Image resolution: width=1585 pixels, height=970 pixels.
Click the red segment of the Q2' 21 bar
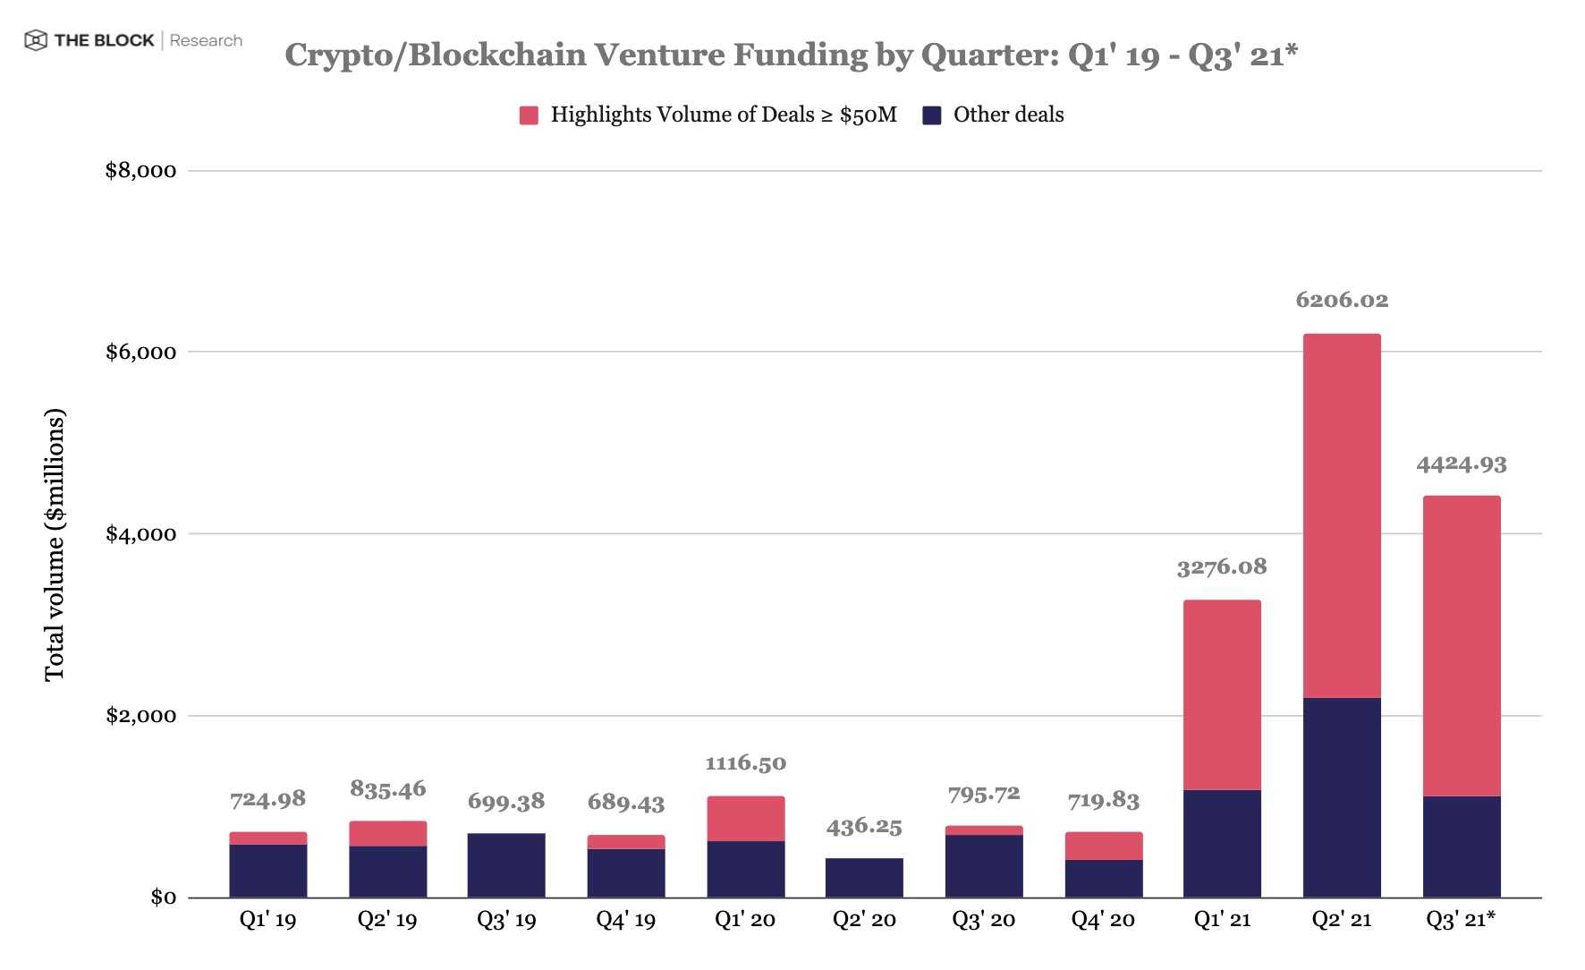(1341, 515)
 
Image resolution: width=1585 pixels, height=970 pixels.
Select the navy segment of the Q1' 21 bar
(1221, 843)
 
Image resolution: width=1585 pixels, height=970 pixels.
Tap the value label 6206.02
(1341, 300)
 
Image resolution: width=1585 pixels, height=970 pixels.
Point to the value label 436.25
(863, 826)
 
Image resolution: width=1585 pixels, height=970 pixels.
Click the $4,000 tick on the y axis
(140, 534)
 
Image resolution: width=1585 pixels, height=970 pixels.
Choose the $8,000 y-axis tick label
(140, 171)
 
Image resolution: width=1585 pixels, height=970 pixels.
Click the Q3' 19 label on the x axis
(506, 920)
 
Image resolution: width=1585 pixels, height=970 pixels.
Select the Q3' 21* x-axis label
(1461, 920)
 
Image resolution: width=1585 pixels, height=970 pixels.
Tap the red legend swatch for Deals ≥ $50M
(529, 115)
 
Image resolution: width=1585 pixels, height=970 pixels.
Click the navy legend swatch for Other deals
(931, 115)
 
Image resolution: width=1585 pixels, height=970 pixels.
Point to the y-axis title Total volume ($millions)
(55, 544)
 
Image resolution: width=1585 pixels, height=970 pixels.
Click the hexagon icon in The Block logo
(36, 40)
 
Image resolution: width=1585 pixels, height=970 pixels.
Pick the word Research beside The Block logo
(206, 40)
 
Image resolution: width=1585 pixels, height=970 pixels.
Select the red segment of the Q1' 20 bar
(745, 818)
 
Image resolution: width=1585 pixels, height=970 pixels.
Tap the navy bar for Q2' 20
(863, 877)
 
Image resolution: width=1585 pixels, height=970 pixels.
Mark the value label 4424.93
(1461, 464)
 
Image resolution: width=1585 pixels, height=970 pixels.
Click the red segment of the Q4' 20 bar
(1103, 846)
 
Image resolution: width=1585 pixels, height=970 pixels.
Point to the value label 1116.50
(745, 763)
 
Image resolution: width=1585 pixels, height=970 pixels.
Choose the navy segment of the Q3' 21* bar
(1461, 847)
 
